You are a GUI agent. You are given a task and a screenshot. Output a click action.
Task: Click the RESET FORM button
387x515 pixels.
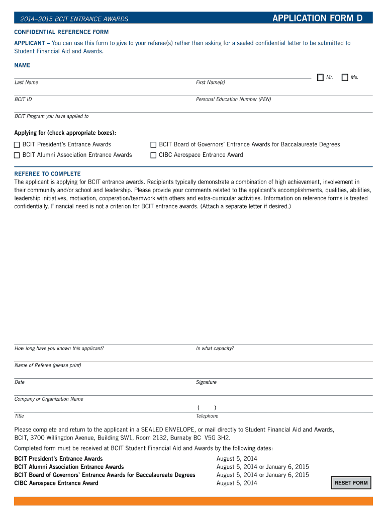(351, 483)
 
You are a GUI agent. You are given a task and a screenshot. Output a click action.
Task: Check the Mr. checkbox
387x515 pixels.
(320, 77)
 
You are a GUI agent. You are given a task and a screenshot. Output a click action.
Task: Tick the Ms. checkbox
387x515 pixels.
(345, 77)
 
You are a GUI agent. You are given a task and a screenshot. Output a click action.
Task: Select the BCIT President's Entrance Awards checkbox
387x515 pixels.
(17, 145)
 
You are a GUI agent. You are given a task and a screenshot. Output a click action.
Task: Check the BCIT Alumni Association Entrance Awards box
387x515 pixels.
(17, 155)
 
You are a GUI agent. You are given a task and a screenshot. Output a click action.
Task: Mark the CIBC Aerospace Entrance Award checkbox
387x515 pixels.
(154, 155)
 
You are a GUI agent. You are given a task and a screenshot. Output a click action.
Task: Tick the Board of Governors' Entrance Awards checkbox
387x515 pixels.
(154, 145)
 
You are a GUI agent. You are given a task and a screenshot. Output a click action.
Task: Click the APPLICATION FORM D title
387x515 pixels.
(317, 19)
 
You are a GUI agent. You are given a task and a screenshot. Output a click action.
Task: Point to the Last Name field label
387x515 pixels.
(26, 82)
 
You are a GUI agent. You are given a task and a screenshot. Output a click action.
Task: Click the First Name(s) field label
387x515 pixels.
(210, 82)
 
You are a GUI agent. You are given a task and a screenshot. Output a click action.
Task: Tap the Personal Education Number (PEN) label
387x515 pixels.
(233, 100)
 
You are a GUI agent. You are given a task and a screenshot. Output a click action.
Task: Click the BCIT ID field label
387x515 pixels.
(23, 100)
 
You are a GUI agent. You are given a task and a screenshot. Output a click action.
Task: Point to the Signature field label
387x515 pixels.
(206, 382)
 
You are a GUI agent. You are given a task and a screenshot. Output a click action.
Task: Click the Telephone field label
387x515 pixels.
(207, 416)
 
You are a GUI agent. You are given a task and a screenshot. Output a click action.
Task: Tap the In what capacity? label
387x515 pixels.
(215, 349)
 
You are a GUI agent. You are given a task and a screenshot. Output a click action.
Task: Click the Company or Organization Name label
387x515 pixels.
(49, 399)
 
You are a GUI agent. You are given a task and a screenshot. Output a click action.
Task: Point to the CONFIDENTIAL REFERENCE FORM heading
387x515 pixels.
(61, 32)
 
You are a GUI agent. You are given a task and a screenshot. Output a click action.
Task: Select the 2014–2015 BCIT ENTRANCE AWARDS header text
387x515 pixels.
(74, 19)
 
